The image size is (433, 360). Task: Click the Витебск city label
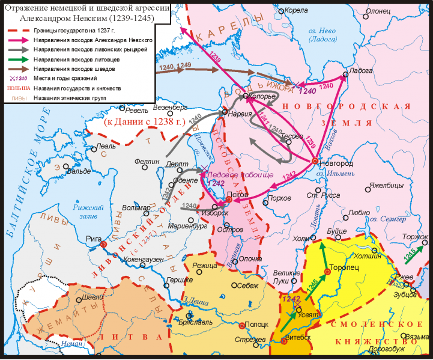point(298,337)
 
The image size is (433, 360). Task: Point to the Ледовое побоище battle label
point(239,174)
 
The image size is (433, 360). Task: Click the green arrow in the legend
point(19,58)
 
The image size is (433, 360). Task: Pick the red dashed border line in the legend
point(19,29)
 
